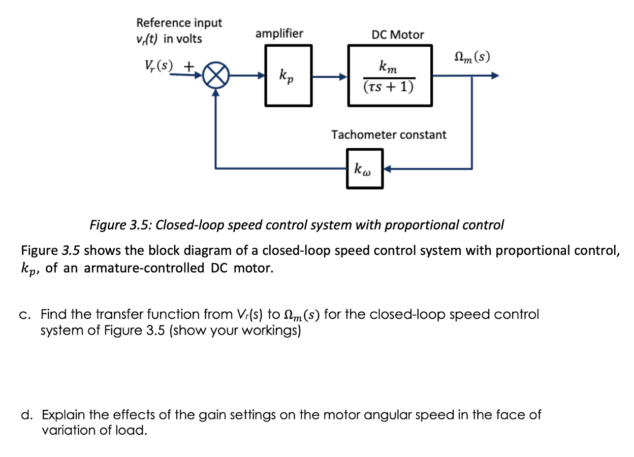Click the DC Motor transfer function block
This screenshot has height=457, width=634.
[x=390, y=75]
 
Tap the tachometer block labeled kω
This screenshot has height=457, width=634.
[x=365, y=169]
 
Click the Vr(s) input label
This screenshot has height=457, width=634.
[x=158, y=66]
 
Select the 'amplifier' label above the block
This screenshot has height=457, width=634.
[x=279, y=34]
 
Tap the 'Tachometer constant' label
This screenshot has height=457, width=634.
[x=389, y=135]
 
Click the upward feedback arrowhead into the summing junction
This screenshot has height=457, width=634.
[x=217, y=93]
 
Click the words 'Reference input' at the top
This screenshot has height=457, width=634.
[x=179, y=23]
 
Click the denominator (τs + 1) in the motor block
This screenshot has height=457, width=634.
[x=389, y=87]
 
